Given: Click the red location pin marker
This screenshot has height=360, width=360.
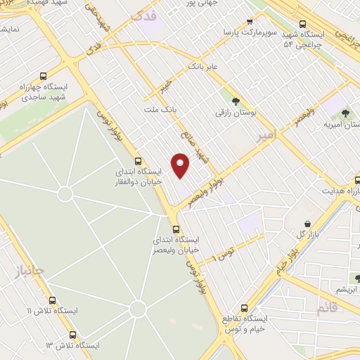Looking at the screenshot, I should click(181, 166).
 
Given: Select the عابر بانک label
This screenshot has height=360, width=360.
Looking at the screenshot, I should click(204, 67).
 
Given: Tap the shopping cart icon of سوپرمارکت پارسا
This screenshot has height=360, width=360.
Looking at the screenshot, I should click(250, 22).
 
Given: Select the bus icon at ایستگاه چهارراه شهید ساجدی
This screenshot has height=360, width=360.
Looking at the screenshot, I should click(44, 76).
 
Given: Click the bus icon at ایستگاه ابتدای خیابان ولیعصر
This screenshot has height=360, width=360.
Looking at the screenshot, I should click(176, 229).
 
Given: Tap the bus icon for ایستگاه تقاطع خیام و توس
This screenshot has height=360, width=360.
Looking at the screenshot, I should click(244, 307).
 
